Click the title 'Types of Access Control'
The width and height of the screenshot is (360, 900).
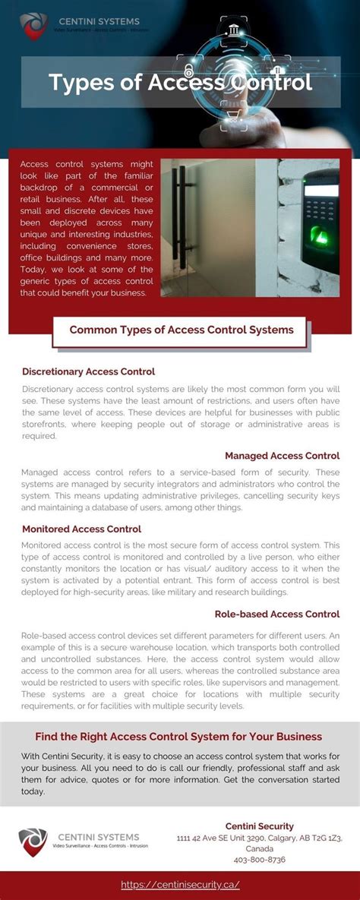[180, 81]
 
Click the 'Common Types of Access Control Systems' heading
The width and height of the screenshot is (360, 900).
[181, 330]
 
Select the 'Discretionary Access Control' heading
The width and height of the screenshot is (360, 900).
[89, 371]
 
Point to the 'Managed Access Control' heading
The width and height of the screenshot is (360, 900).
[282, 456]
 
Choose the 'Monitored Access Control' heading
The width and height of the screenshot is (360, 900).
[81, 529]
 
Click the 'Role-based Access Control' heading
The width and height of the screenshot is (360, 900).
[277, 614]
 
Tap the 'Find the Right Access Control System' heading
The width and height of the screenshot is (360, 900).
[178, 737]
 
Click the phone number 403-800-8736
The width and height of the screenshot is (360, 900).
[260, 860]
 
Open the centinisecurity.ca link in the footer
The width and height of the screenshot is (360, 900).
[180, 885]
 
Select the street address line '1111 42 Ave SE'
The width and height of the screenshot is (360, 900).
[259, 838]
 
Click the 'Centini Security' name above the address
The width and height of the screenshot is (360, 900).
[260, 826]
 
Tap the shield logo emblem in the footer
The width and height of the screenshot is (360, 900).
[33, 842]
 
